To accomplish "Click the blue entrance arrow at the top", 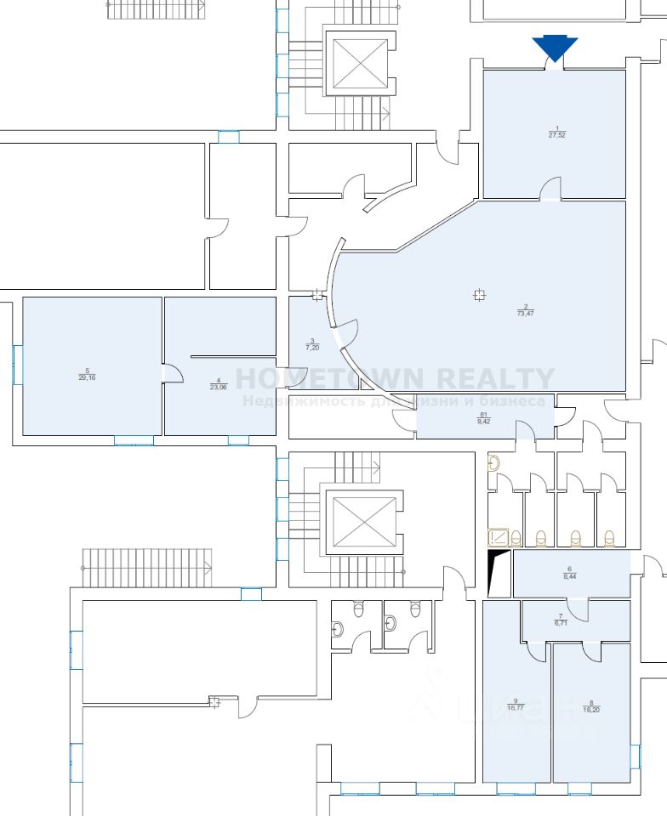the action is tap(555, 48).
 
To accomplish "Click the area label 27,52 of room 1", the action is tap(557, 135).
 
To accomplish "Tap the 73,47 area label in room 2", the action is tap(525, 313).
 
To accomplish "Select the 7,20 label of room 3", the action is tap(312, 348).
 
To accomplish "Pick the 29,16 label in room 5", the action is tap(87, 377).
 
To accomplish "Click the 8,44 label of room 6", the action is tap(570, 575).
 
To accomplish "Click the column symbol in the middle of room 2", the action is tap(480, 295).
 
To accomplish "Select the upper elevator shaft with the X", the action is tap(361, 63).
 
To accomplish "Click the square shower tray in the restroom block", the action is tap(499, 537).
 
